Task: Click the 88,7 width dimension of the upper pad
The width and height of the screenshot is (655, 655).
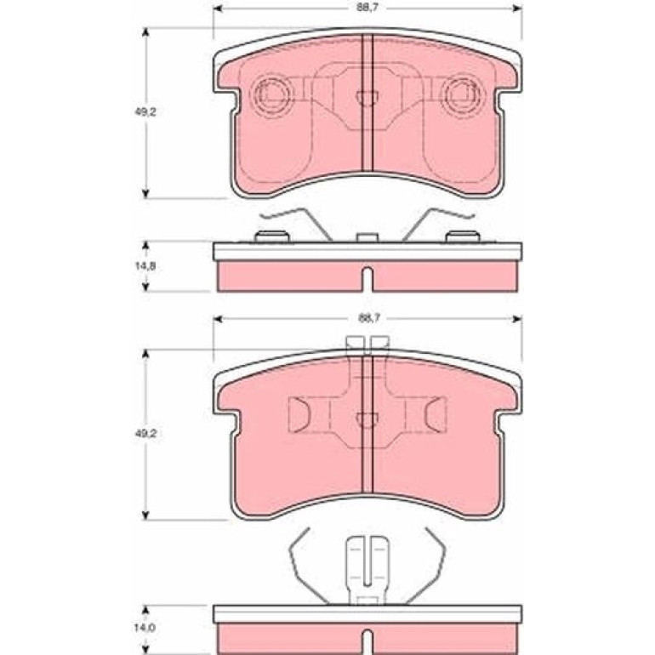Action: click(x=368, y=8)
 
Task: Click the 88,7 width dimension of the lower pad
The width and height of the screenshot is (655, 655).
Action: click(x=369, y=318)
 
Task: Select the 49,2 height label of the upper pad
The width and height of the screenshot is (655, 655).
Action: click(x=145, y=112)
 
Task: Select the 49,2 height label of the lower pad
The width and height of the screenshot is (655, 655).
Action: click(x=145, y=434)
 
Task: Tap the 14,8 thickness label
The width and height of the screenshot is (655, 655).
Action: click(x=145, y=265)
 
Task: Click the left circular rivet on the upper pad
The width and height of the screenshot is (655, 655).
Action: click(x=272, y=94)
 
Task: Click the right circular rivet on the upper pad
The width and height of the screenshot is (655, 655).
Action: click(x=463, y=94)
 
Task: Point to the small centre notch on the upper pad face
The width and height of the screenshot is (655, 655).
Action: click(x=367, y=99)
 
